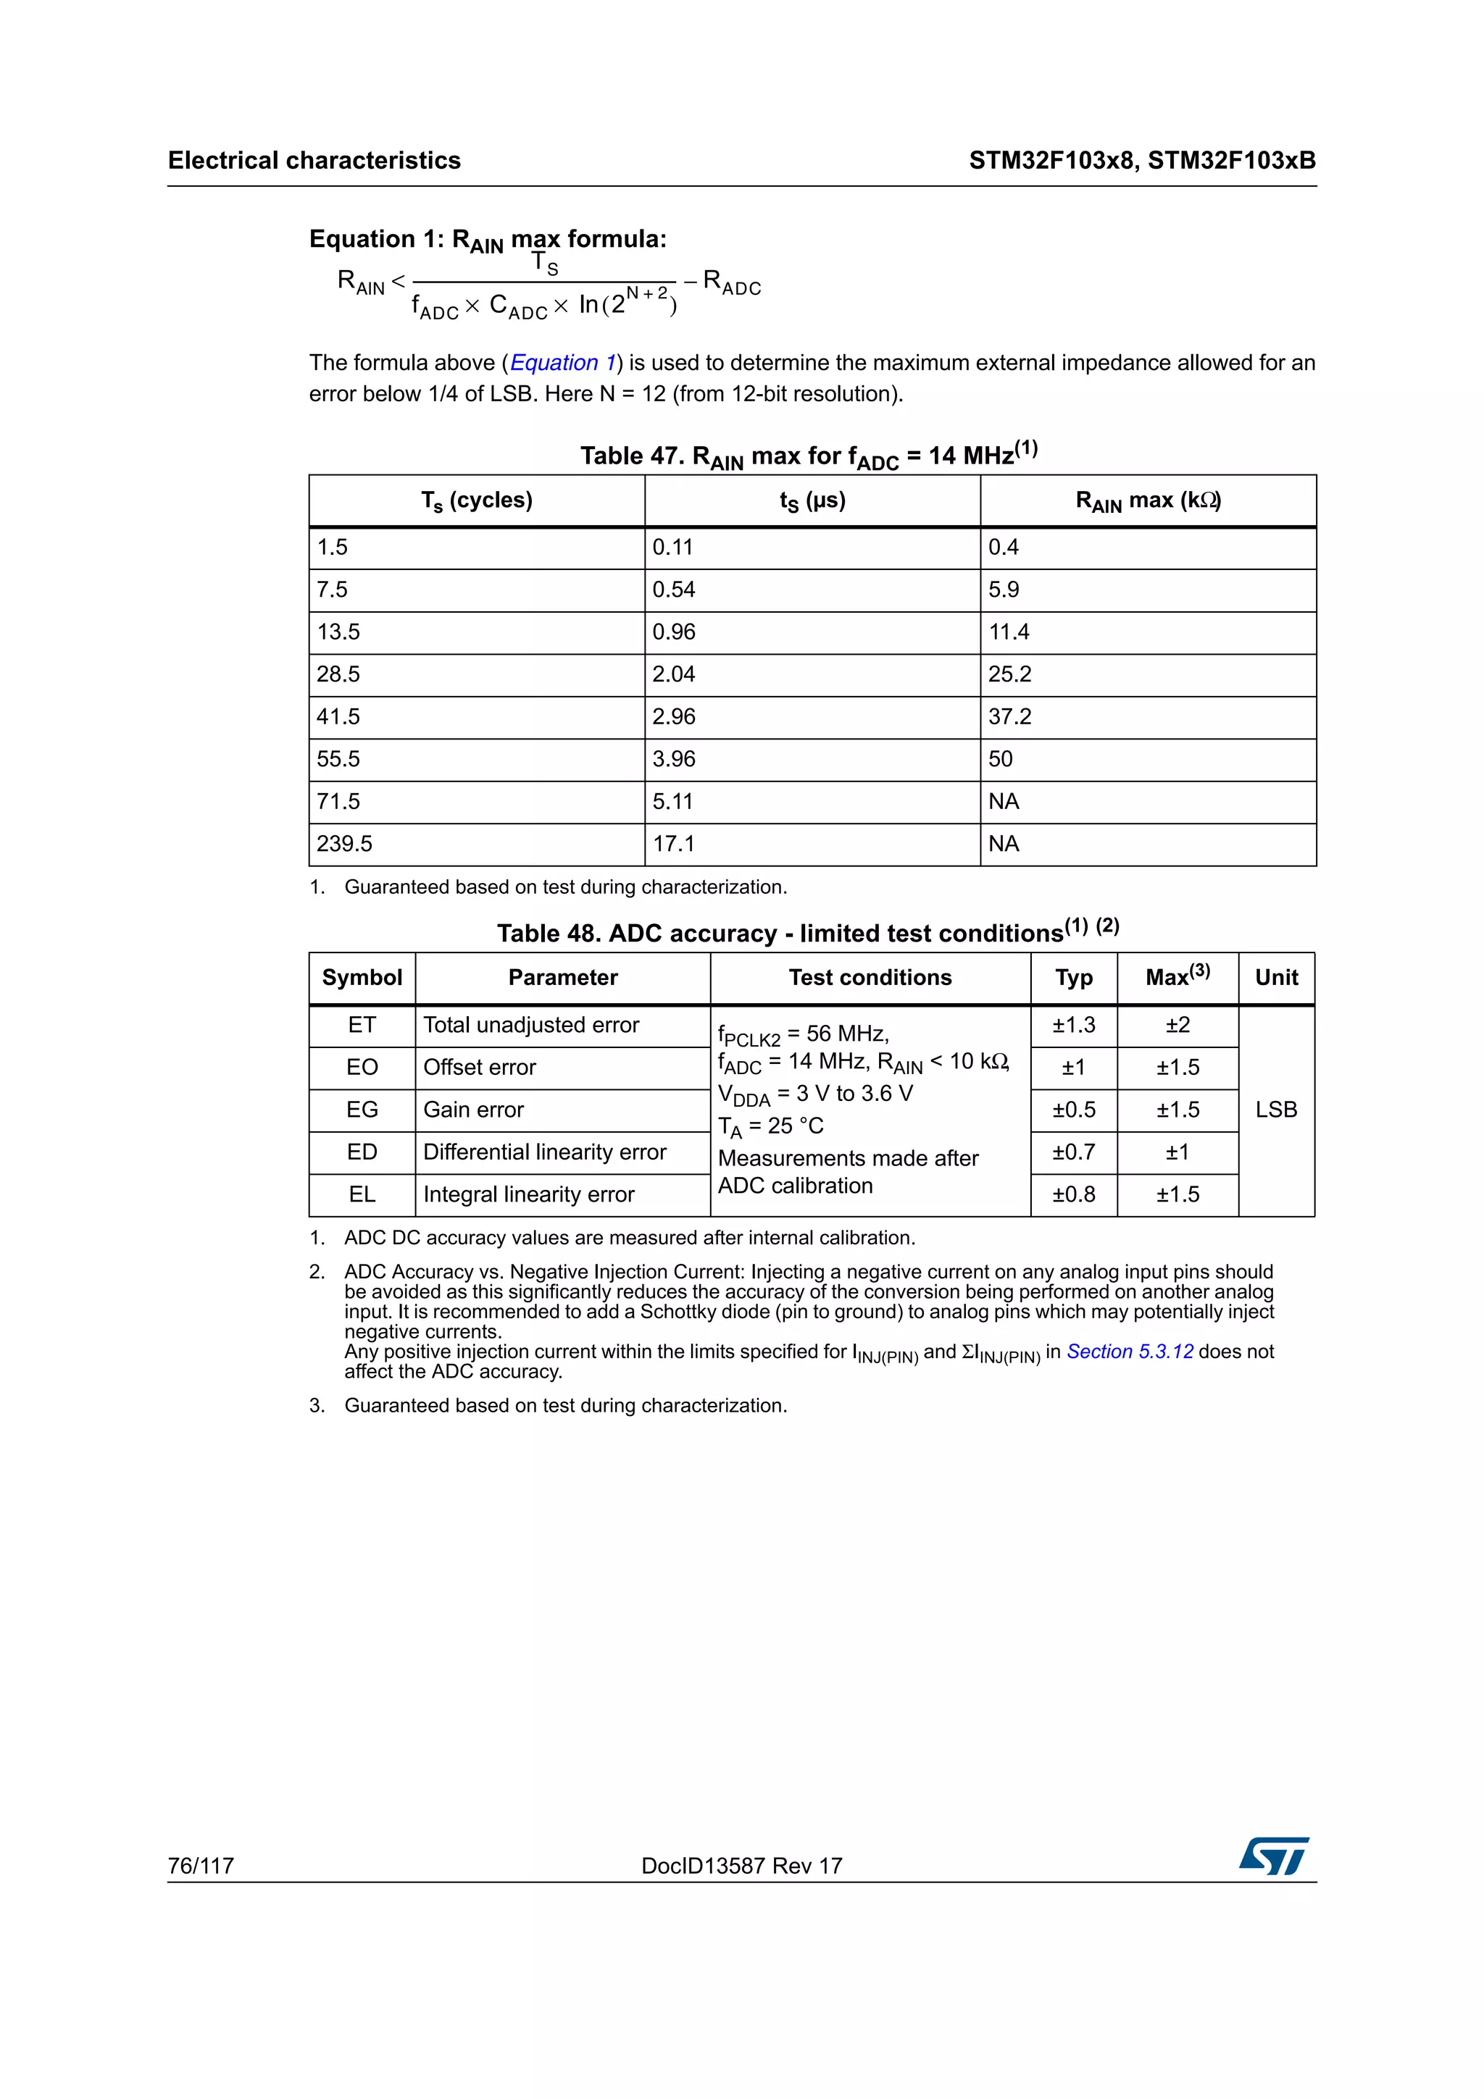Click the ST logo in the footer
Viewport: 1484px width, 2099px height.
point(1274,1856)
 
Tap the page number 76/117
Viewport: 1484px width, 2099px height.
point(201,1865)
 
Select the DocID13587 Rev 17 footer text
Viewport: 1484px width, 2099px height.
point(741,1865)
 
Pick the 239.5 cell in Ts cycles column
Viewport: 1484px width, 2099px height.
point(345,844)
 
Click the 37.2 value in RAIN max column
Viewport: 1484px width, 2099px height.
point(1009,717)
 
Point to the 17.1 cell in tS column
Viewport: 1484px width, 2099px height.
point(674,844)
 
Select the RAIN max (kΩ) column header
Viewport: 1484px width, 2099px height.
point(1149,501)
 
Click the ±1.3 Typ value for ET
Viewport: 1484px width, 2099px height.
point(1073,1025)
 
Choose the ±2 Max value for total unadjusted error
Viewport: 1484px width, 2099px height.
point(1177,1025)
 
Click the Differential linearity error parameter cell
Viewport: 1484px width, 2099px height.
point(545,1152)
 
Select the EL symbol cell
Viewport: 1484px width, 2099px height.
point(362,1194)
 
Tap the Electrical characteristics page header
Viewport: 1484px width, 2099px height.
point(314,161)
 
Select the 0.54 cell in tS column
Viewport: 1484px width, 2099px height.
point(674,590)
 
